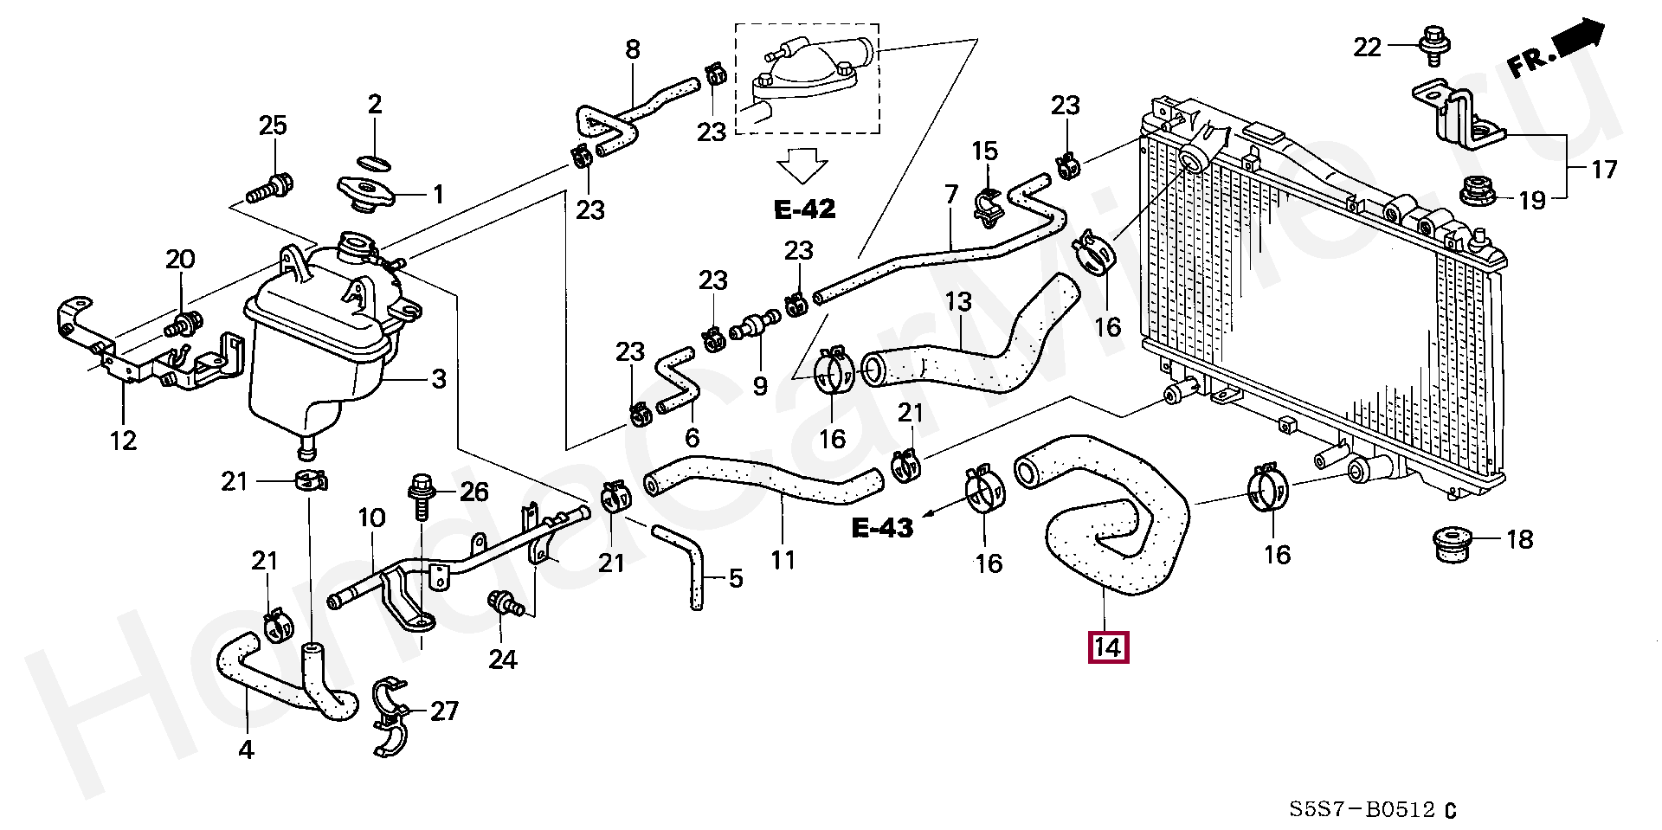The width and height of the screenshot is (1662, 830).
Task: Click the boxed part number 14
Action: (1109, 647)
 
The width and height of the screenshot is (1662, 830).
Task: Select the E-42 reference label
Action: (804, 209)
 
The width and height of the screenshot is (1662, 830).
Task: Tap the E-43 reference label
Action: (882, 527)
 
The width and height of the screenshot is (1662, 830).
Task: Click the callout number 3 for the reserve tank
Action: (439, 378)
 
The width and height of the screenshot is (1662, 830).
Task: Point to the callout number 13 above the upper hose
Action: (958, 302)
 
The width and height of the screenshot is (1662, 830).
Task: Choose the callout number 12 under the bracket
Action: (123, 441)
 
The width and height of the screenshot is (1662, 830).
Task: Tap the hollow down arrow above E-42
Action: (802, 165)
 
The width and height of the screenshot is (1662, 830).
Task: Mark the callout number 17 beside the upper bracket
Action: (1604, 169)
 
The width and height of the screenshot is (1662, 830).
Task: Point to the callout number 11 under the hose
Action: (783, 560)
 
